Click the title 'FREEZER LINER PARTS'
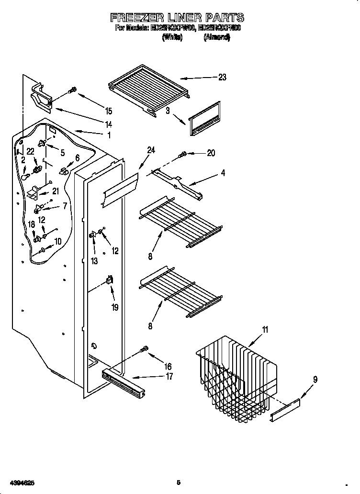click(x=177, y=18)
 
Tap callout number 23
click(x=222, y=78)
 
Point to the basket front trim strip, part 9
click(x=286, y=410)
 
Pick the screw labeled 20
click(x=183, y=154)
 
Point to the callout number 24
click(x=151, y=150)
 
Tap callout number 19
click(x=115, y=307)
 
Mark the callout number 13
click(x=94, y=261)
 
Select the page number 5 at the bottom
click(x=178, y=482)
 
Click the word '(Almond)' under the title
click(x=216, y=37)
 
